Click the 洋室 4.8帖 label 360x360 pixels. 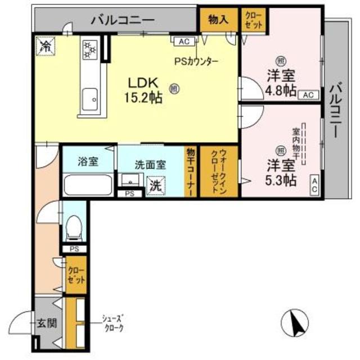pyautogui.click(x=281, y=83)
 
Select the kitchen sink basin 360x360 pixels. pyautogui.click(x=89, y=100)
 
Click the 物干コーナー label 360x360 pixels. pyautogui.click(x=191, y=172)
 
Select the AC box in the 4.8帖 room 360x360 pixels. pyautogui.click(x=308, y=94)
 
